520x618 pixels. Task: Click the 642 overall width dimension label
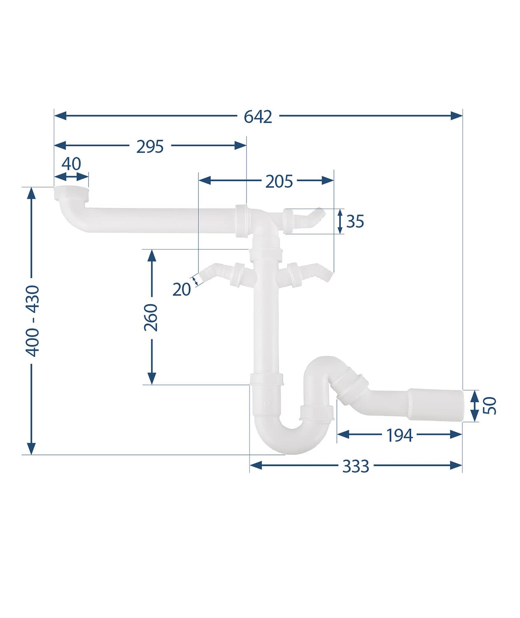[258, 117]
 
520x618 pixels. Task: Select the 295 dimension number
[150, 147]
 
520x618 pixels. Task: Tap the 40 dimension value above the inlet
[71, 164]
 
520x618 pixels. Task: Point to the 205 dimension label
[279, 182]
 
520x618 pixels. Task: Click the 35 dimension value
[355, 222]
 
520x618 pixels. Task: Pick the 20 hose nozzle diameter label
[182, 290]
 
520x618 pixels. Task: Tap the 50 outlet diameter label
[490, 406]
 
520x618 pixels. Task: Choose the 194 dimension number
[399, 435]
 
